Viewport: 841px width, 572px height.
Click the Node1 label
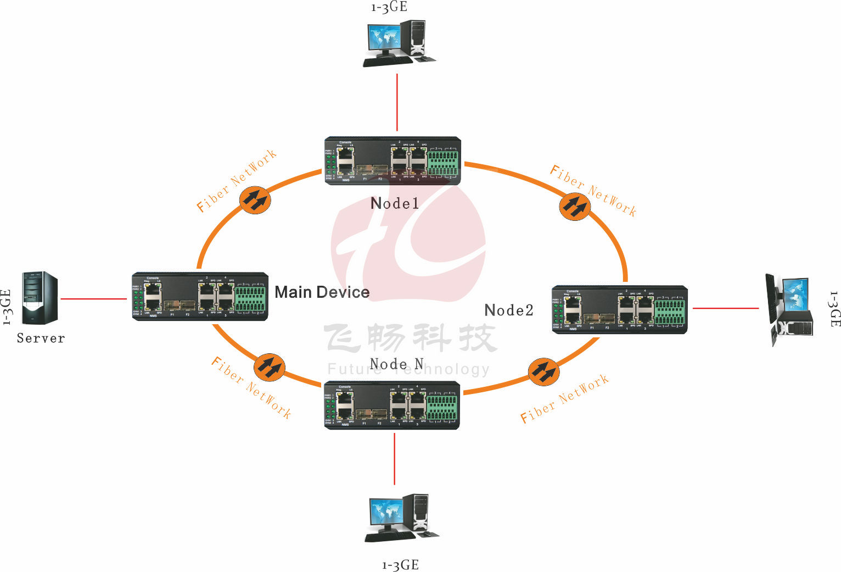[395, 203]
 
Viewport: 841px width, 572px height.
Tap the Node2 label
[509, 310]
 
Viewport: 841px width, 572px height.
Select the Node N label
[396, 364]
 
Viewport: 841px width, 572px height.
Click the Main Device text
[322, 292]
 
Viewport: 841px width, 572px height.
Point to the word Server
[41, 338]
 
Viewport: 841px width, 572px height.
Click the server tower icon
[40, 298]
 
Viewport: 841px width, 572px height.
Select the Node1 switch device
[393, 160]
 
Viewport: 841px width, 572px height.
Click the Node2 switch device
[619, 309]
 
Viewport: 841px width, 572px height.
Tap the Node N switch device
[392, 404]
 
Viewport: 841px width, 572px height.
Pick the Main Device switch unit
[200, 296]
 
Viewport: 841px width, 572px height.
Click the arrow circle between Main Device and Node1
[256, 200]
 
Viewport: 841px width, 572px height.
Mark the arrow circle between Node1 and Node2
[574, 207]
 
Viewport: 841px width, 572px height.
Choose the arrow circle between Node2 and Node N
[543, 371]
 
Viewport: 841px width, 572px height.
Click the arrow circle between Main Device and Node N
[269, 367]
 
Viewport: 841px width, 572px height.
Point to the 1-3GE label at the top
[389, 7]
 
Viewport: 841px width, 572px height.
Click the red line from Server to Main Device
[93, 299]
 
